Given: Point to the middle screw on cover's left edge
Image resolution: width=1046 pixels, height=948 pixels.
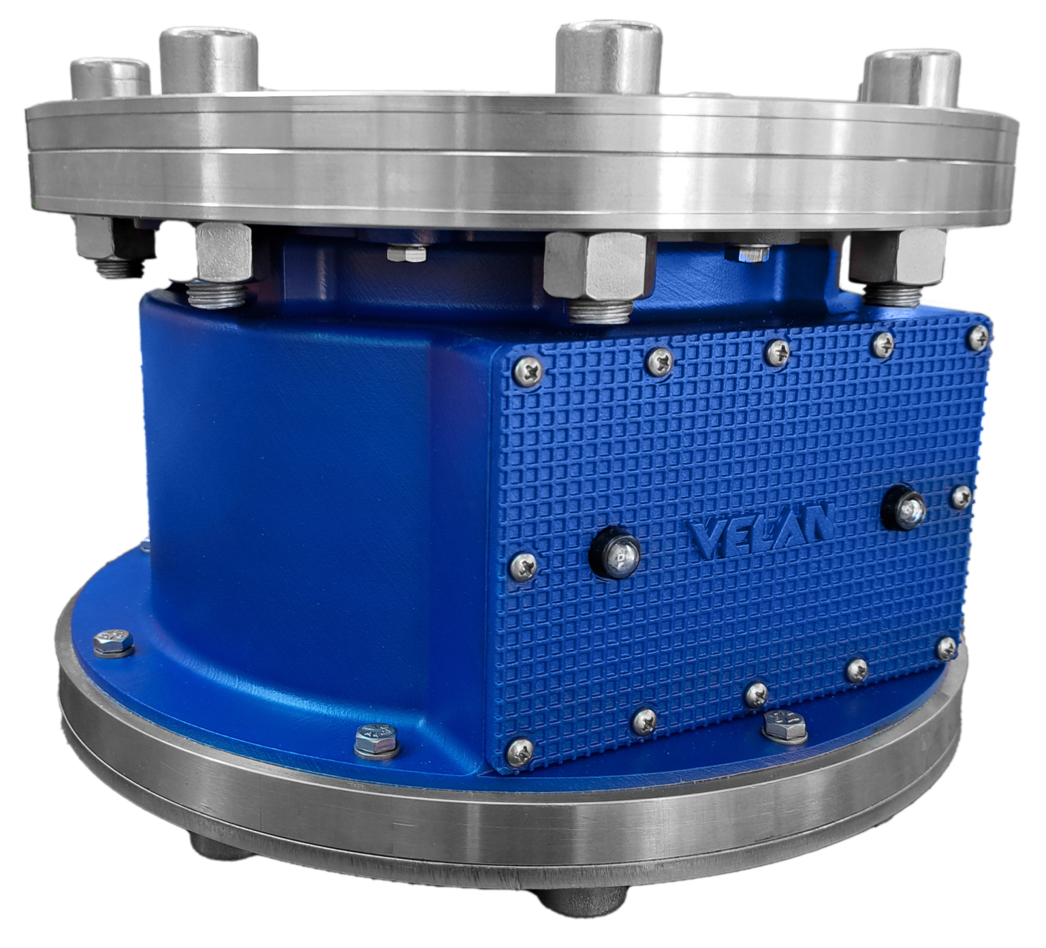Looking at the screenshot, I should click(522, 562).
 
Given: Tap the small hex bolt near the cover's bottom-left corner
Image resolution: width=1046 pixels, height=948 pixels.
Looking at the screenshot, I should click(377, 739).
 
